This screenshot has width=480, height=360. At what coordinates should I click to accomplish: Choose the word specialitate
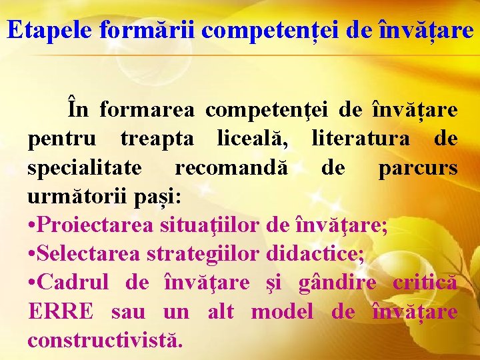[84, 167]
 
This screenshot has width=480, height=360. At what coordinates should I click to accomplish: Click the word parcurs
[418, 167]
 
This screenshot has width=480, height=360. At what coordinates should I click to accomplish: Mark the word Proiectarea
[97, 225]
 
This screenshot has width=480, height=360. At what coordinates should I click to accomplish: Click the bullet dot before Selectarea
[32, 255]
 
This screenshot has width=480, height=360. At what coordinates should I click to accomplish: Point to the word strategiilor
[218, 255]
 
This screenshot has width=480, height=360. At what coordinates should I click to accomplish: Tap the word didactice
[314, 254]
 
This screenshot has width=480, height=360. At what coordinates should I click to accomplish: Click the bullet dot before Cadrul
[32, 283]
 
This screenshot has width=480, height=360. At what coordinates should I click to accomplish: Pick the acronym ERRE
[61, 312]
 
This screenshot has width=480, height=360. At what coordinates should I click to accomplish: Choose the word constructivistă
[105, 340]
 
